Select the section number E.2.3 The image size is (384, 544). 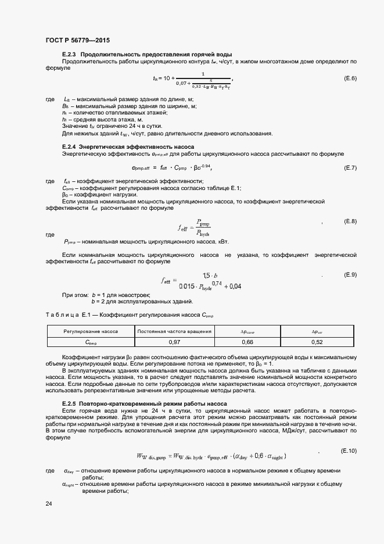pyautogui.click(x=70, y=55)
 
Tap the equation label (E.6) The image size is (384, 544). pyautogui.click(x=350, y=78)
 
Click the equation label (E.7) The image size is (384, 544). pyautogui.click(x=350, y=168)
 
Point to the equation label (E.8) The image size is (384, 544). pyautogui.click(x=350, y=221)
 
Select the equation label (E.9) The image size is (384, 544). pyautogui.click(x=350, y=274)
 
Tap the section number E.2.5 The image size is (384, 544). pyautogui.click(x=70, y=403)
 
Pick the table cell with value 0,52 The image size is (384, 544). pyautogui.click(x=317, y=342)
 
